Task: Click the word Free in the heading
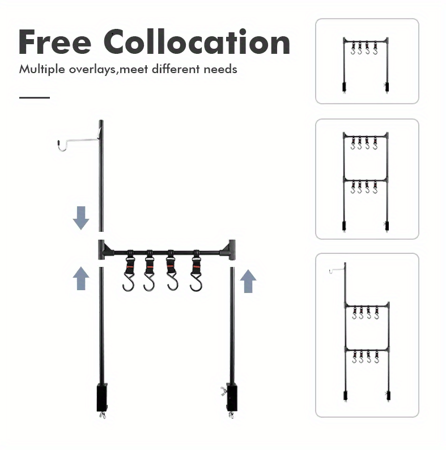click(55, 42)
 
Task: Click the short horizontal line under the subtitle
click(35, 97)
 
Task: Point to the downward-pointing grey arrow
click(81, 218)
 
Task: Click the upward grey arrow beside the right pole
click(248, 281)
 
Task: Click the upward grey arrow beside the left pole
click(81, 279)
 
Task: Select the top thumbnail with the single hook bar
click(367, 61)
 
